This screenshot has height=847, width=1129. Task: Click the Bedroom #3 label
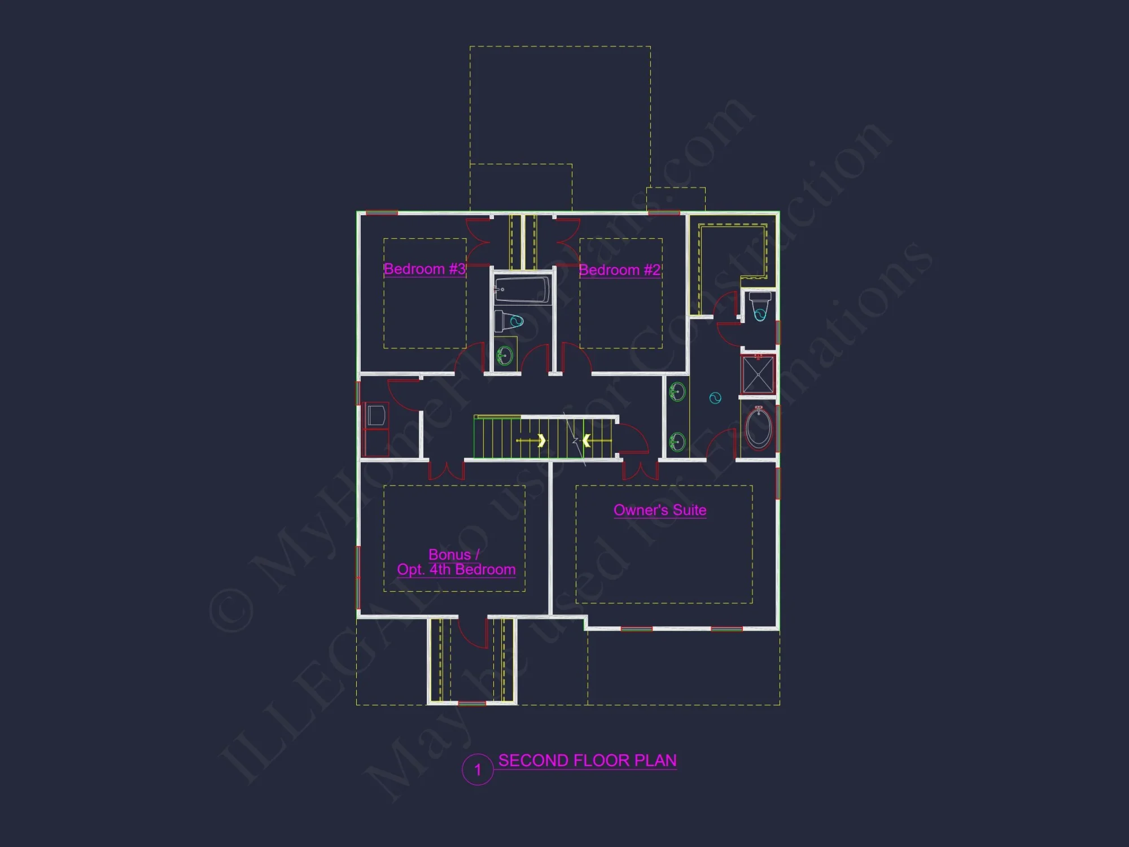425,269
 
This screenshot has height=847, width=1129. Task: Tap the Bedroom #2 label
620,270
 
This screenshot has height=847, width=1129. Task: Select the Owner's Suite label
660,510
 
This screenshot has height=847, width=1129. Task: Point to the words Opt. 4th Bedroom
456,569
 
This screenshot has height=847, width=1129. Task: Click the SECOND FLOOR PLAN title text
587,761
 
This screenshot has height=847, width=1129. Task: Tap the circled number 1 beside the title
478,770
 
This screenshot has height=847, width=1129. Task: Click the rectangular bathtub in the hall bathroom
522,290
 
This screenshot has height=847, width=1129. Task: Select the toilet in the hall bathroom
509,321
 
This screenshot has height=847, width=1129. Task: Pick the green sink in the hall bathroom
505,356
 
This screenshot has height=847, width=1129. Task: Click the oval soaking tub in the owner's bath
759,428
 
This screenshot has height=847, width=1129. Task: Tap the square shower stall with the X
758,374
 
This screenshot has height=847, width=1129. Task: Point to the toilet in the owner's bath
760,307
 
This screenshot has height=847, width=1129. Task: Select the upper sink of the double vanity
677,391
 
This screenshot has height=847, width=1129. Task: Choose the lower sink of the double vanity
677,442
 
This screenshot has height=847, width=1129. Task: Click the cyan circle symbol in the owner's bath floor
715,398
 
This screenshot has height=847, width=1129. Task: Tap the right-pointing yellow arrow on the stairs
541,440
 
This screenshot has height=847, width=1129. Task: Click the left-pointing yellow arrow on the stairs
587,440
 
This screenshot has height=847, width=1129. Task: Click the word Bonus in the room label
449,555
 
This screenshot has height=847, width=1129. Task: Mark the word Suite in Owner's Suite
689,510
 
